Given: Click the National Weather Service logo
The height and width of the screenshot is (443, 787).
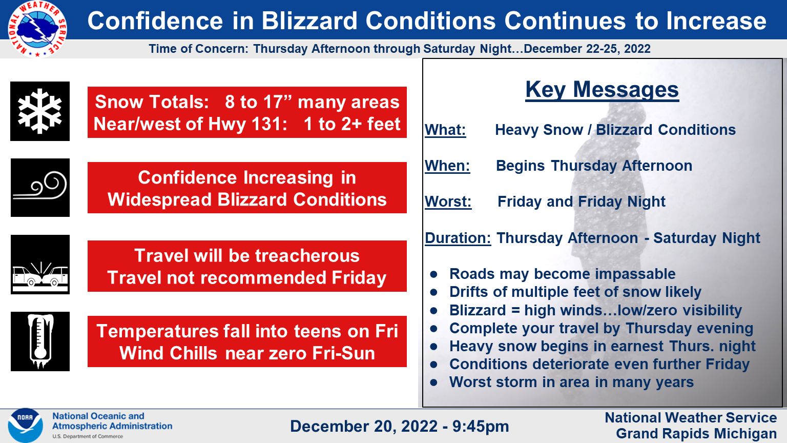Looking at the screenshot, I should tap(37, 29).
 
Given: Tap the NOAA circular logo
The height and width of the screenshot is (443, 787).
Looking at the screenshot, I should tap(25, 425).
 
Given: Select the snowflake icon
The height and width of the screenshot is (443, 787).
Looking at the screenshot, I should tap(40, 111).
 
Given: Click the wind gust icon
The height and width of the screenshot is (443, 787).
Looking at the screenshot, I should tap(40, 188).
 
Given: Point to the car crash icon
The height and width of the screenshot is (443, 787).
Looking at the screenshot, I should tap(40, 265).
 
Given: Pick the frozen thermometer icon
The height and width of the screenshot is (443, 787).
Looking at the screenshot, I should tap(40, 341).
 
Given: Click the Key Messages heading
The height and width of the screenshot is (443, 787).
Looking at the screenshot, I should tap(602, 90).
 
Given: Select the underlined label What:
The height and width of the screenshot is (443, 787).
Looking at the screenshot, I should tap(445, 130).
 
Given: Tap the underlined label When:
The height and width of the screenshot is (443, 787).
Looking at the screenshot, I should tap(447, 166).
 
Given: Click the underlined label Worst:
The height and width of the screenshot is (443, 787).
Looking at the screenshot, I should tap(448, 202).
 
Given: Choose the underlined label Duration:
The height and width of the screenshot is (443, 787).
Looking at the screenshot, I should tap(458, 238).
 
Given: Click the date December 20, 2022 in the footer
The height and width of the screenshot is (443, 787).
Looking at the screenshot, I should tap(364, 426).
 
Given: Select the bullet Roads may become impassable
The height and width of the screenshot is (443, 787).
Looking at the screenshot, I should tap(562, 274).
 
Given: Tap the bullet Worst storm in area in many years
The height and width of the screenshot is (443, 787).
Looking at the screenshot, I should tap(571, 382).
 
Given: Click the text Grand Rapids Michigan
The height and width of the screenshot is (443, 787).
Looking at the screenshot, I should tap(696, 434).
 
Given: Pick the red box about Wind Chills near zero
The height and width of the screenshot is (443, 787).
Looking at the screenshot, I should tap(247, 342).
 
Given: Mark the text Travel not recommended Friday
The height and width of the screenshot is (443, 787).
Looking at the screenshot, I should tap(247, 278).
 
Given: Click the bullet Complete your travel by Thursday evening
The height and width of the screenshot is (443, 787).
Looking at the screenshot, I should tap(601, 328).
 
